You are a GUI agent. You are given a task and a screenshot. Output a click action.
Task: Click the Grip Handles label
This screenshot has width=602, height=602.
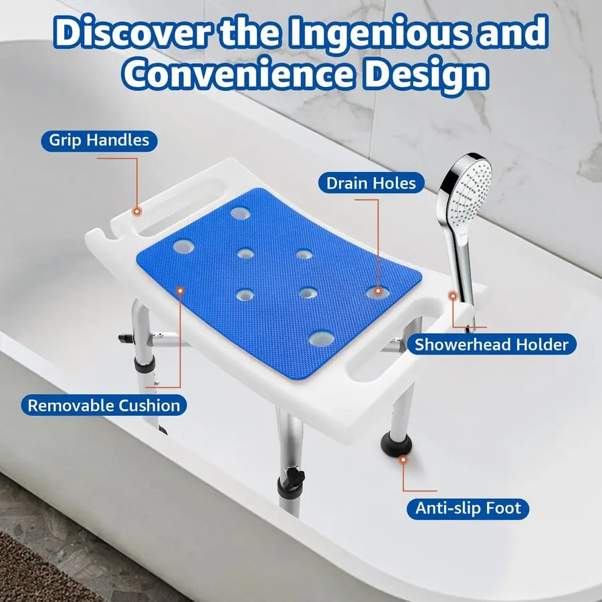click(x=98, y=141)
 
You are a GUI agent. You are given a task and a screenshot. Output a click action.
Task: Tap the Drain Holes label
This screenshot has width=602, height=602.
click(x=371, y=183)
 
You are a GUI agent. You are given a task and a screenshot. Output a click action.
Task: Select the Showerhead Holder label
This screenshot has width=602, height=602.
click(x=491, y=344)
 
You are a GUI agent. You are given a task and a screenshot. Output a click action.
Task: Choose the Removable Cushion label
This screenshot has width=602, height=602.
click(x=104, y=405)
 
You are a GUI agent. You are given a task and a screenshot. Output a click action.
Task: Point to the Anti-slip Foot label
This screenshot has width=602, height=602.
click(x=468, y=508)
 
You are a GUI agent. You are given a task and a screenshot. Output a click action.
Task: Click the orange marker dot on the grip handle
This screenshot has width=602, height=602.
click(x=137, y=211)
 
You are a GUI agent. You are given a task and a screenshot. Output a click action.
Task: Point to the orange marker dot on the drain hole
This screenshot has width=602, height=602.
click(x=379, y=291)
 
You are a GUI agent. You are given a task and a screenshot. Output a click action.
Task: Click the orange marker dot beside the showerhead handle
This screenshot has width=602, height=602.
click(x=453, y=295)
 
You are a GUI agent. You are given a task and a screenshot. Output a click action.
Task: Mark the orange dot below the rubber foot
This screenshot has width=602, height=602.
click(x=403, y=460)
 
